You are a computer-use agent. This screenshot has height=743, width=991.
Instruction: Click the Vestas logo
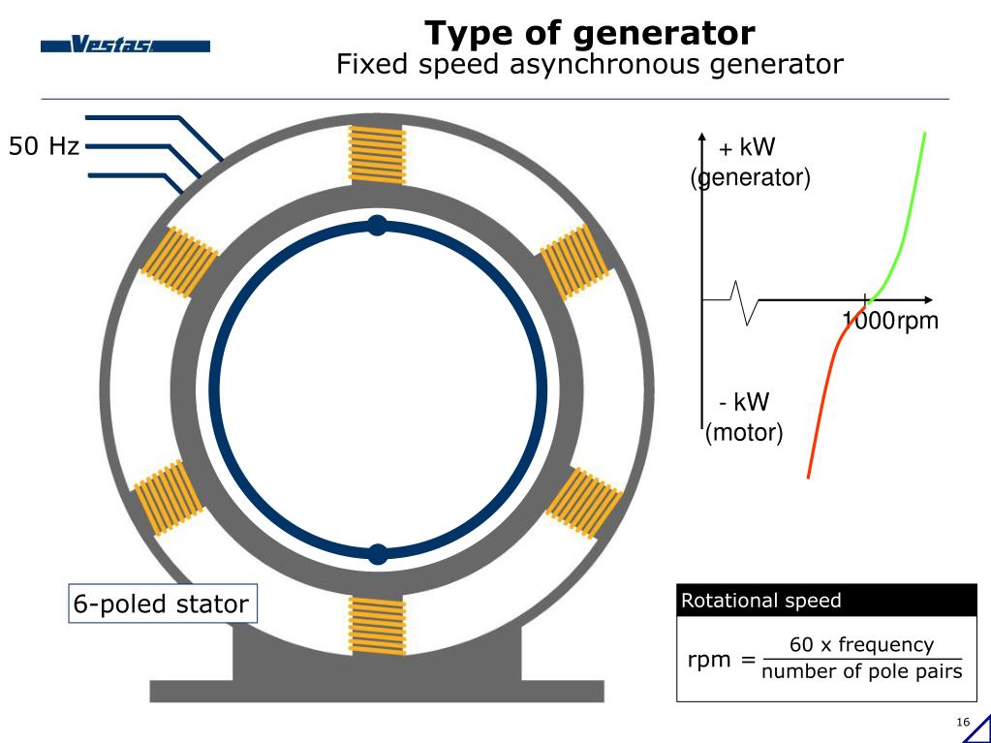click(125, 46)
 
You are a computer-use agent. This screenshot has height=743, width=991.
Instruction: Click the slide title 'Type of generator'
click(589, 33)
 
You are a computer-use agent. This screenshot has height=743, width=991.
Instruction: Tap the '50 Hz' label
click(44, 147)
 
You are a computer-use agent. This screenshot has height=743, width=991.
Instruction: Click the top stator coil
click(376, 155)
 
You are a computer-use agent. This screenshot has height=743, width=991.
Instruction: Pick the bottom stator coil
click(376, 625)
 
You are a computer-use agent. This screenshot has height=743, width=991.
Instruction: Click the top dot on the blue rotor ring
click(377, 226)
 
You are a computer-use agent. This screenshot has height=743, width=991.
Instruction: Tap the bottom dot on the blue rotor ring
click(378, 554)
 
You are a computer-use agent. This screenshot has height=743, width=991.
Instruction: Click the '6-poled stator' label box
click(161, 604)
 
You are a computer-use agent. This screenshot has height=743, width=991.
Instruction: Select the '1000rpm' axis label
click(890, 321)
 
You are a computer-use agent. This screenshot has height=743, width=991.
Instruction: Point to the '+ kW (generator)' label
click(749, 163)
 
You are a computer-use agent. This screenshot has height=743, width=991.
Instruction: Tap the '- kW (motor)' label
click(743, 418)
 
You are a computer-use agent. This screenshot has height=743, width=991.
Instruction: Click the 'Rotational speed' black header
click(826, 601)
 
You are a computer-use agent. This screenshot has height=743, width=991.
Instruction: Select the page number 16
click(962, 723)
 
